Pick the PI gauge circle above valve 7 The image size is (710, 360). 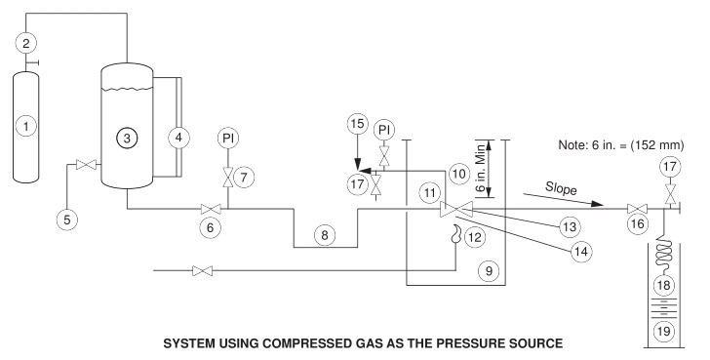[228, 138]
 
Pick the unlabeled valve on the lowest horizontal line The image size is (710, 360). [202, 270]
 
